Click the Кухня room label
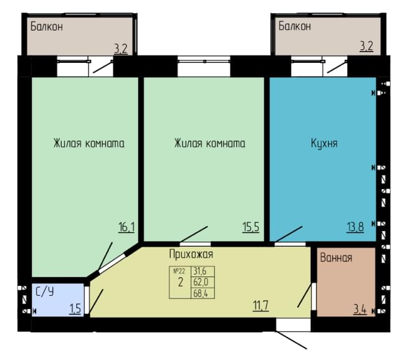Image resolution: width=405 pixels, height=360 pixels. [x=324, y=143]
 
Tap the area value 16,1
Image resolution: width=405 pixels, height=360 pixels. [x=126, y=227]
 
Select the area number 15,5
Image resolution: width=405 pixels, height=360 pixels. [x=251, y=227]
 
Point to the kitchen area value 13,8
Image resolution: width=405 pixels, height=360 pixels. [x=355, y=227]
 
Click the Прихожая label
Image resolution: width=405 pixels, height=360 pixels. [x=191, y=254]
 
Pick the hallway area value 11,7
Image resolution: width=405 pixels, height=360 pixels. [x=261, y=306]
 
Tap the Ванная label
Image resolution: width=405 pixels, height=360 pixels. [x=336, y=258]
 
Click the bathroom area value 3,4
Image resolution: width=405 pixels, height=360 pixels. [x=360, y=310]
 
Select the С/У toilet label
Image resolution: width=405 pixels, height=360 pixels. [x=45, y=292]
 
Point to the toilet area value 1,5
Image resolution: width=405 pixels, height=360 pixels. [x=75, y=309]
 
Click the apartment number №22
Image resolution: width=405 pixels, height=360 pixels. [x=179, y=271]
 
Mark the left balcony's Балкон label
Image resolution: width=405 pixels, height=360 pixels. [x=47, y=27]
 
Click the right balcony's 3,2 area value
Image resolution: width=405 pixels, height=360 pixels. [x=366, y=47]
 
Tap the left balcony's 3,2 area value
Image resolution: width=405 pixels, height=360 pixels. [x=121, y=49]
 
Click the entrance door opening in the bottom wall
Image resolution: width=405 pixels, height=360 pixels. [x=293, y=324]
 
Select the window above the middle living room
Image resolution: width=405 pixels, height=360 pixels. [x=204, y=67]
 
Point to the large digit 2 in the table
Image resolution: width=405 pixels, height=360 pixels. [x=180, y=283]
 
